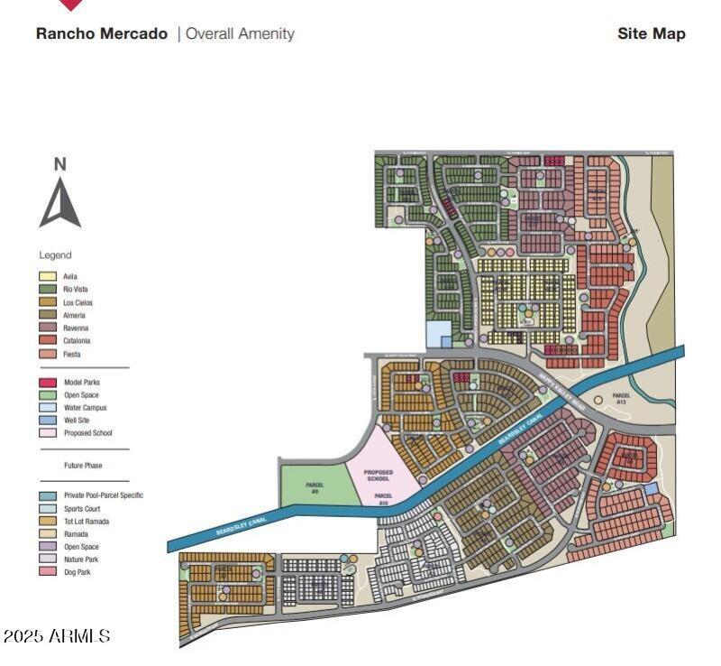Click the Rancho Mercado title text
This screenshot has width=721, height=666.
click(101, 34)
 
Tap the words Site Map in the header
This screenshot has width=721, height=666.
click(651, 34)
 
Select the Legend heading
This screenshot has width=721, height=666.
click(55, 255)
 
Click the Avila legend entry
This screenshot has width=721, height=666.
click(71, 276)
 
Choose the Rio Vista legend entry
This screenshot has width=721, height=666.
click(77, 289)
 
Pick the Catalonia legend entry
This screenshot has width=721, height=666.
click(77, 341)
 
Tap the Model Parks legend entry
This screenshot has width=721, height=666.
click(81, 383)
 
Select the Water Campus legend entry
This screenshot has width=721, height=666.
click(84, 408)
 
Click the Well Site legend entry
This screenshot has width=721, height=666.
click(77, 421)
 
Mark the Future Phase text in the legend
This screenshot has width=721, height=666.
click(83, 466)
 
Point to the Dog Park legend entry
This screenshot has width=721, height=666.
click(78, 572)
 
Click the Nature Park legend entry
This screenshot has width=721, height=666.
click(81, 560)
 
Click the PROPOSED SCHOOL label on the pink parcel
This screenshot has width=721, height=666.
click(379, 476)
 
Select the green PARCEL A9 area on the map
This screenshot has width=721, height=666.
click(315, 487)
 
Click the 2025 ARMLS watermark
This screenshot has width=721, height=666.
click(56, 636)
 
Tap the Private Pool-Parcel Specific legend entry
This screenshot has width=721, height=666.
click(103, 495)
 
